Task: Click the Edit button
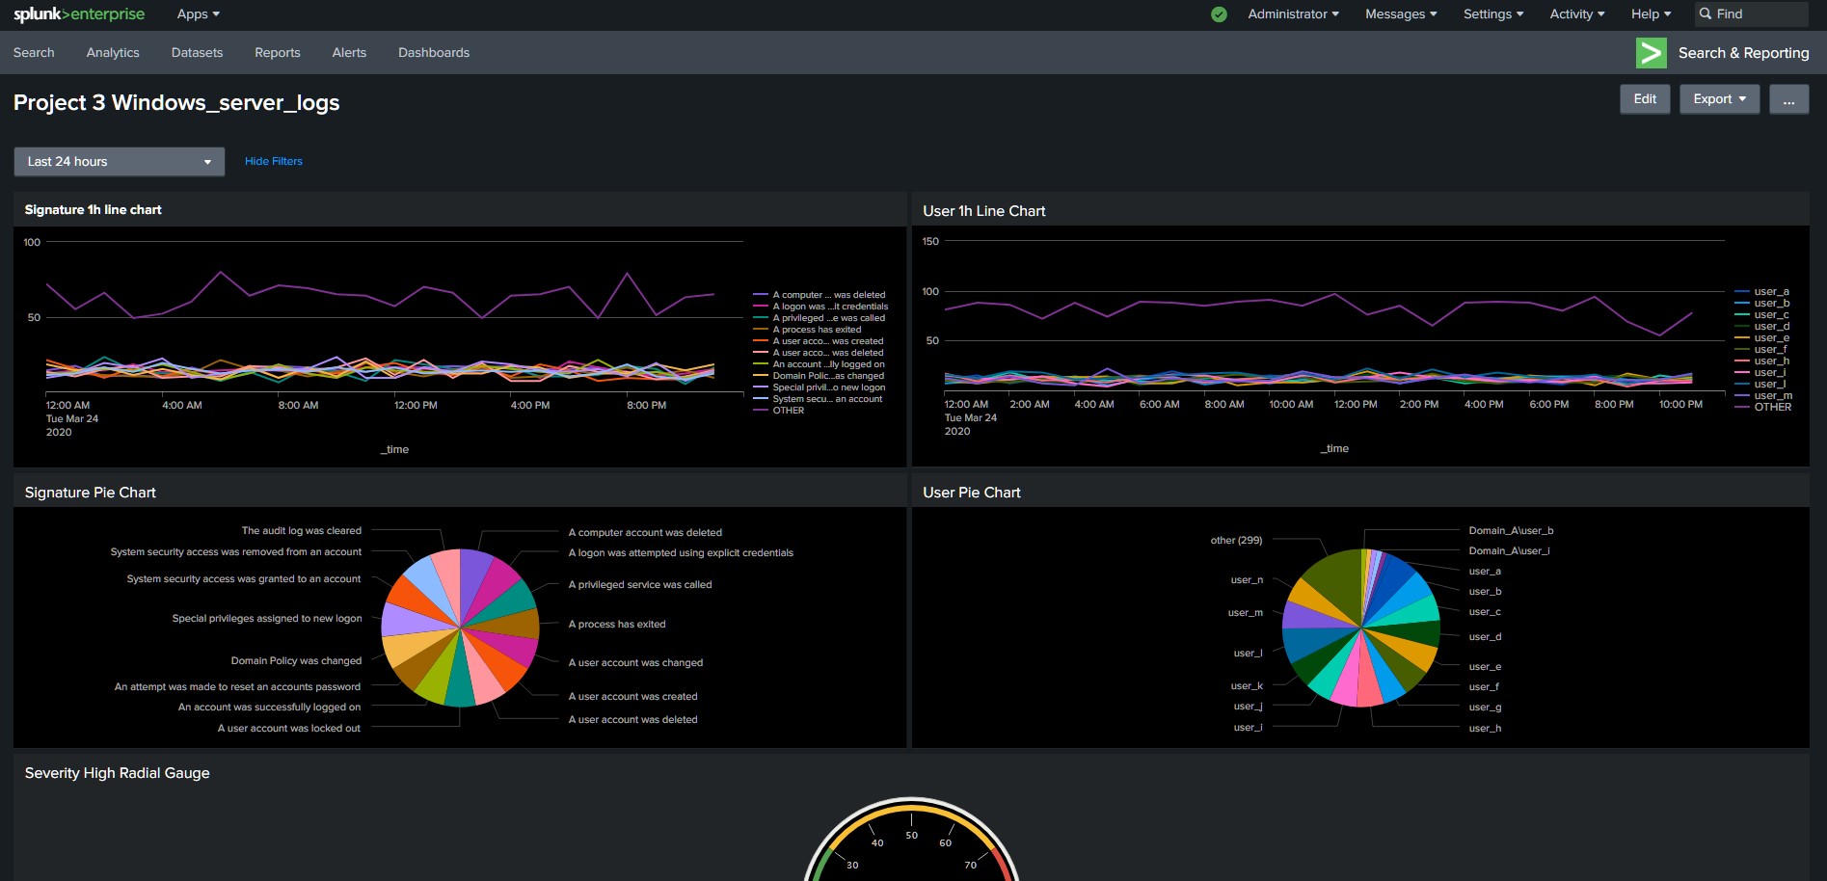(1645, 99)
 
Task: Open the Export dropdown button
(1719, 99)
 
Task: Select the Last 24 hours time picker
(119, 162)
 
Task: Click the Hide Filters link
(273, 161)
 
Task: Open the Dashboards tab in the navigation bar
(433, 53)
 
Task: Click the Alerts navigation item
(348, 53)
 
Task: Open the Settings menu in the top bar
(1492, 14)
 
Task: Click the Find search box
(1750, 14)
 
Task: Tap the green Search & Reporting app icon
(1651, 53)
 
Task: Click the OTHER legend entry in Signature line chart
(788, 411)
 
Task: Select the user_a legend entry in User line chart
(1771, 291)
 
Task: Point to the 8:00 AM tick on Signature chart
(298, 406)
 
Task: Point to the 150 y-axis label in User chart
(930, 241)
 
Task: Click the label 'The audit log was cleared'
(301, 531)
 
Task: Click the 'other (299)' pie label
(1236, 541)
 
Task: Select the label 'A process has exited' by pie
(617, 625)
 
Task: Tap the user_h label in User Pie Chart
(1485, 729)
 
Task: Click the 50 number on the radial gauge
(911, 836)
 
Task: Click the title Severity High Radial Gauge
(117, 773)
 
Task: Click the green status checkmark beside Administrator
(1219, 14)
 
